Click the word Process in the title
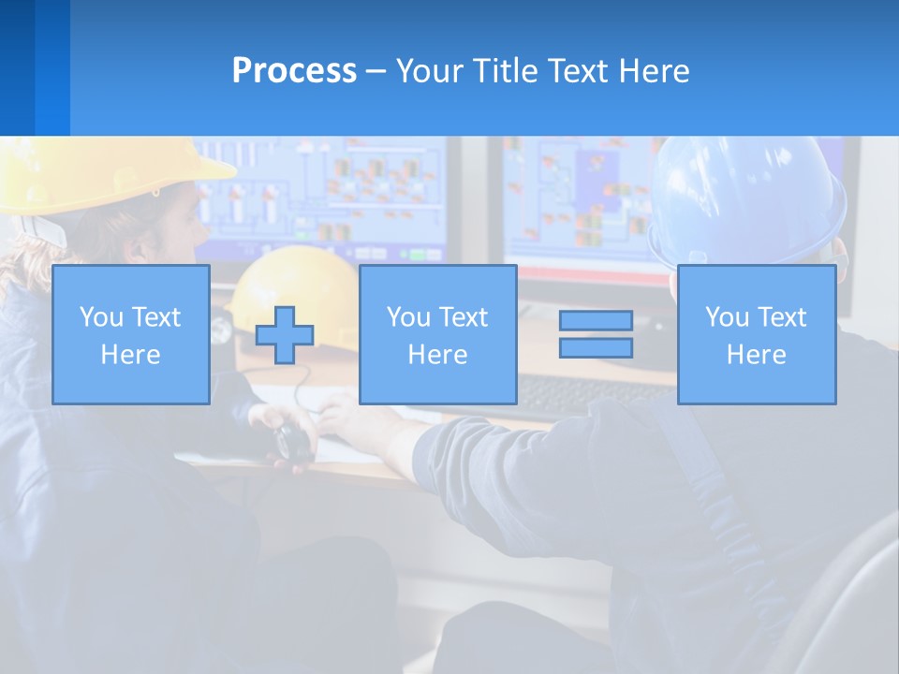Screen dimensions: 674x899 (294, 71)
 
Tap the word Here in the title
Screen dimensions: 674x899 (654, 71)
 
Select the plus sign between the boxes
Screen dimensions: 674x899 (285, 334)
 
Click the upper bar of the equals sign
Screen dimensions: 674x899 (596, 320)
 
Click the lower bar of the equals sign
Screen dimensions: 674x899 (596, 348)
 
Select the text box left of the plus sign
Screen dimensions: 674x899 (130, 334)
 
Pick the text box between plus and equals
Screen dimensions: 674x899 (437, 334)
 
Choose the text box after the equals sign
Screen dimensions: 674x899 (756, 334)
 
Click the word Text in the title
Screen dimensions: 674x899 (579, 71)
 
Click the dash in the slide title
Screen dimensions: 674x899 (376, 72)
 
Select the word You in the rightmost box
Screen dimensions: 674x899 (727, 317)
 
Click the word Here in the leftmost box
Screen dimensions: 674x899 (130, 355)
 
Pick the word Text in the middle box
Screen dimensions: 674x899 (463, 317)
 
